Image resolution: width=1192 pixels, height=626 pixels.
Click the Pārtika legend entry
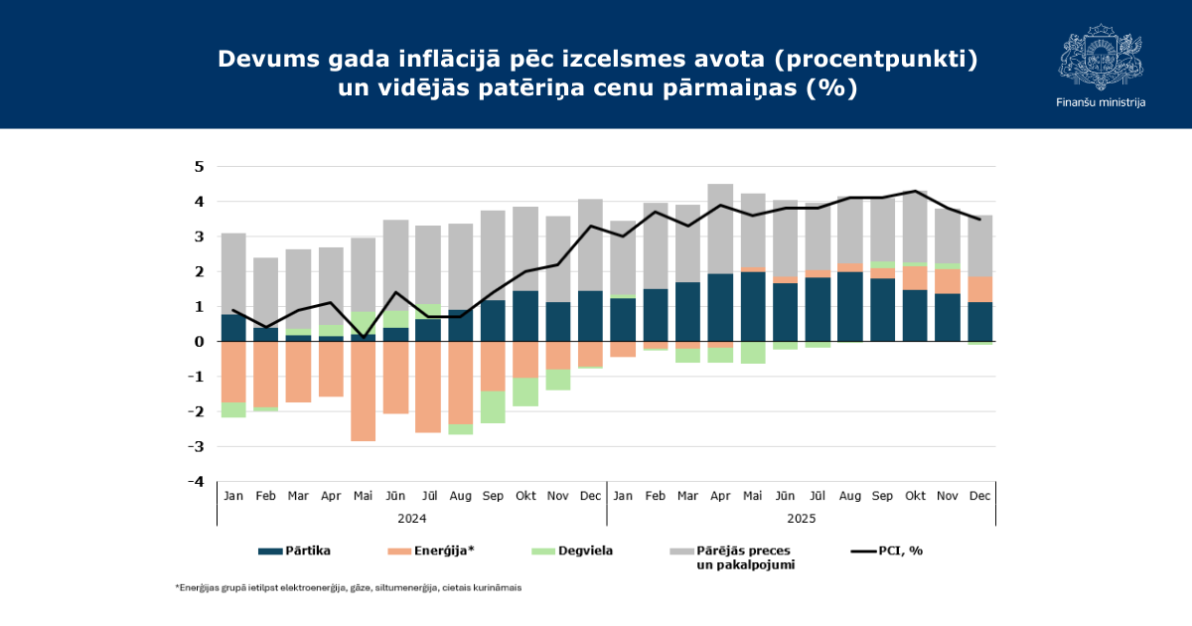[294, 550]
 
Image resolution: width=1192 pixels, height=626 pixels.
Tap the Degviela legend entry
[572, 550]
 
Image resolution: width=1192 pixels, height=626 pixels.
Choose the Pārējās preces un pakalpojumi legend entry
[731, 556]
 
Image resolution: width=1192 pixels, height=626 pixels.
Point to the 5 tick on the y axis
[199, 166]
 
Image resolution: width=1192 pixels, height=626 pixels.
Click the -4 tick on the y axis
[197, 482]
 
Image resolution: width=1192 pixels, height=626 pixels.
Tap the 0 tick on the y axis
[199, 342]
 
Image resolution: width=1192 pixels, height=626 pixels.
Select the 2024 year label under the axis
[411, 518]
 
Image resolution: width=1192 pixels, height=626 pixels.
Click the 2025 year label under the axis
[801, 518]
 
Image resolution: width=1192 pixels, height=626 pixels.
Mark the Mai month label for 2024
[364, 495]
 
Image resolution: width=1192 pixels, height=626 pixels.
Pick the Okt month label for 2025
[915, 495]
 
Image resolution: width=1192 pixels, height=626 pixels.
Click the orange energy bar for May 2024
[364, 391]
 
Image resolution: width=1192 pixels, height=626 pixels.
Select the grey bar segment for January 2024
[233, 273]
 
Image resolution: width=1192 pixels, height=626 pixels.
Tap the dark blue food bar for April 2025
[720, 307]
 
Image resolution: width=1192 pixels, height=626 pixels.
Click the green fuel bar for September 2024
[493, 406]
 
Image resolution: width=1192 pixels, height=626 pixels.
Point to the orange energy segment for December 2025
[979, 289]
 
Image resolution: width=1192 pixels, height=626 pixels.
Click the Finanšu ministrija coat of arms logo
[1100, 58]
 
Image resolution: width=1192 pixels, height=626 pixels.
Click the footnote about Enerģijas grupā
[349, 588]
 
